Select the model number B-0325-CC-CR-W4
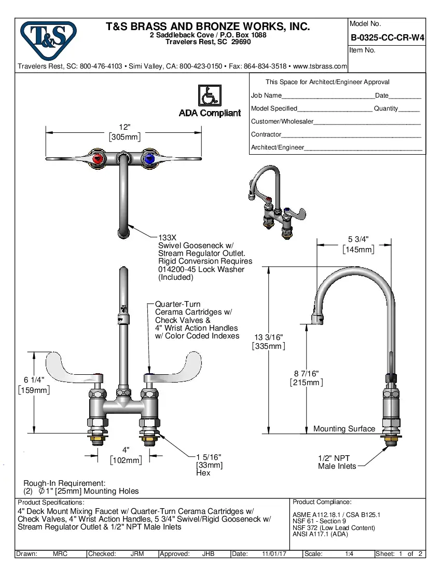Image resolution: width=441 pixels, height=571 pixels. tap(387, 37)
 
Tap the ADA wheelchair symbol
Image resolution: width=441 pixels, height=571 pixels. tap(209, 96)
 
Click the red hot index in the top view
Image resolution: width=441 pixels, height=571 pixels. tap(97, 159)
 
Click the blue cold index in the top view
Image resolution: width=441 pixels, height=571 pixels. tap(150, 159)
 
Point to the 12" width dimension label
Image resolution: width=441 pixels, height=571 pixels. tap(124, 128)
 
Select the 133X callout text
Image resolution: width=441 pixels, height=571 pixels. tap(167, 237)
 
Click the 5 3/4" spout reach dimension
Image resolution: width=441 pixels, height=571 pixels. tap(358, 239)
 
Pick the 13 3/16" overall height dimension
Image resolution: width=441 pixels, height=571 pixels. tap(268, 337)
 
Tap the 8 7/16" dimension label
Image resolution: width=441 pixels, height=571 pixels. tap(306, 374)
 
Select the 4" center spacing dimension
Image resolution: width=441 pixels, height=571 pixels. tap(126, 450)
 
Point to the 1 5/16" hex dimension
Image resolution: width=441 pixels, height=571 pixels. tap(209, 457)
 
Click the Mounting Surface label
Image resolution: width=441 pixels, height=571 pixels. tap(344, 429)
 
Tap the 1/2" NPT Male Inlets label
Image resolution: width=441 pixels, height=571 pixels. tap(337, 462)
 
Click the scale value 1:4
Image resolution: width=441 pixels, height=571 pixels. tap(349, 554)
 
